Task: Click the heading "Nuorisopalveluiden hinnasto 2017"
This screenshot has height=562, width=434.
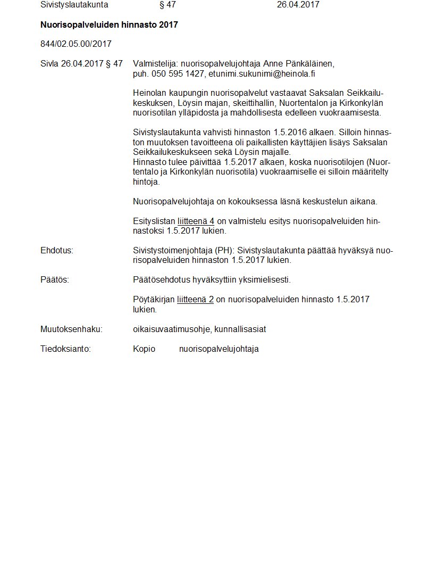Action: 109,25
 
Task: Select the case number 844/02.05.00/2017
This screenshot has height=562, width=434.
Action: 76,44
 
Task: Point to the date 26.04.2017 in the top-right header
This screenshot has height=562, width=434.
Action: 298,5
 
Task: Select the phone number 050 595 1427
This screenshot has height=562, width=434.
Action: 178,73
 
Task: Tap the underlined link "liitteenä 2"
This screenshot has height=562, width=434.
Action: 195,300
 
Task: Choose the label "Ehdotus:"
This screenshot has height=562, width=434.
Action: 57,251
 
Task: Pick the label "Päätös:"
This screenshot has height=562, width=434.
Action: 55,280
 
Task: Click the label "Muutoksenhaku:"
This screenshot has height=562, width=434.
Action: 71,329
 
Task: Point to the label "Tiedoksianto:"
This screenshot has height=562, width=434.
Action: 65,349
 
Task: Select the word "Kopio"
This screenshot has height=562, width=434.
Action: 144,349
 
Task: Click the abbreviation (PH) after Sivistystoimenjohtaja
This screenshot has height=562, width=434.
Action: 223,251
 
